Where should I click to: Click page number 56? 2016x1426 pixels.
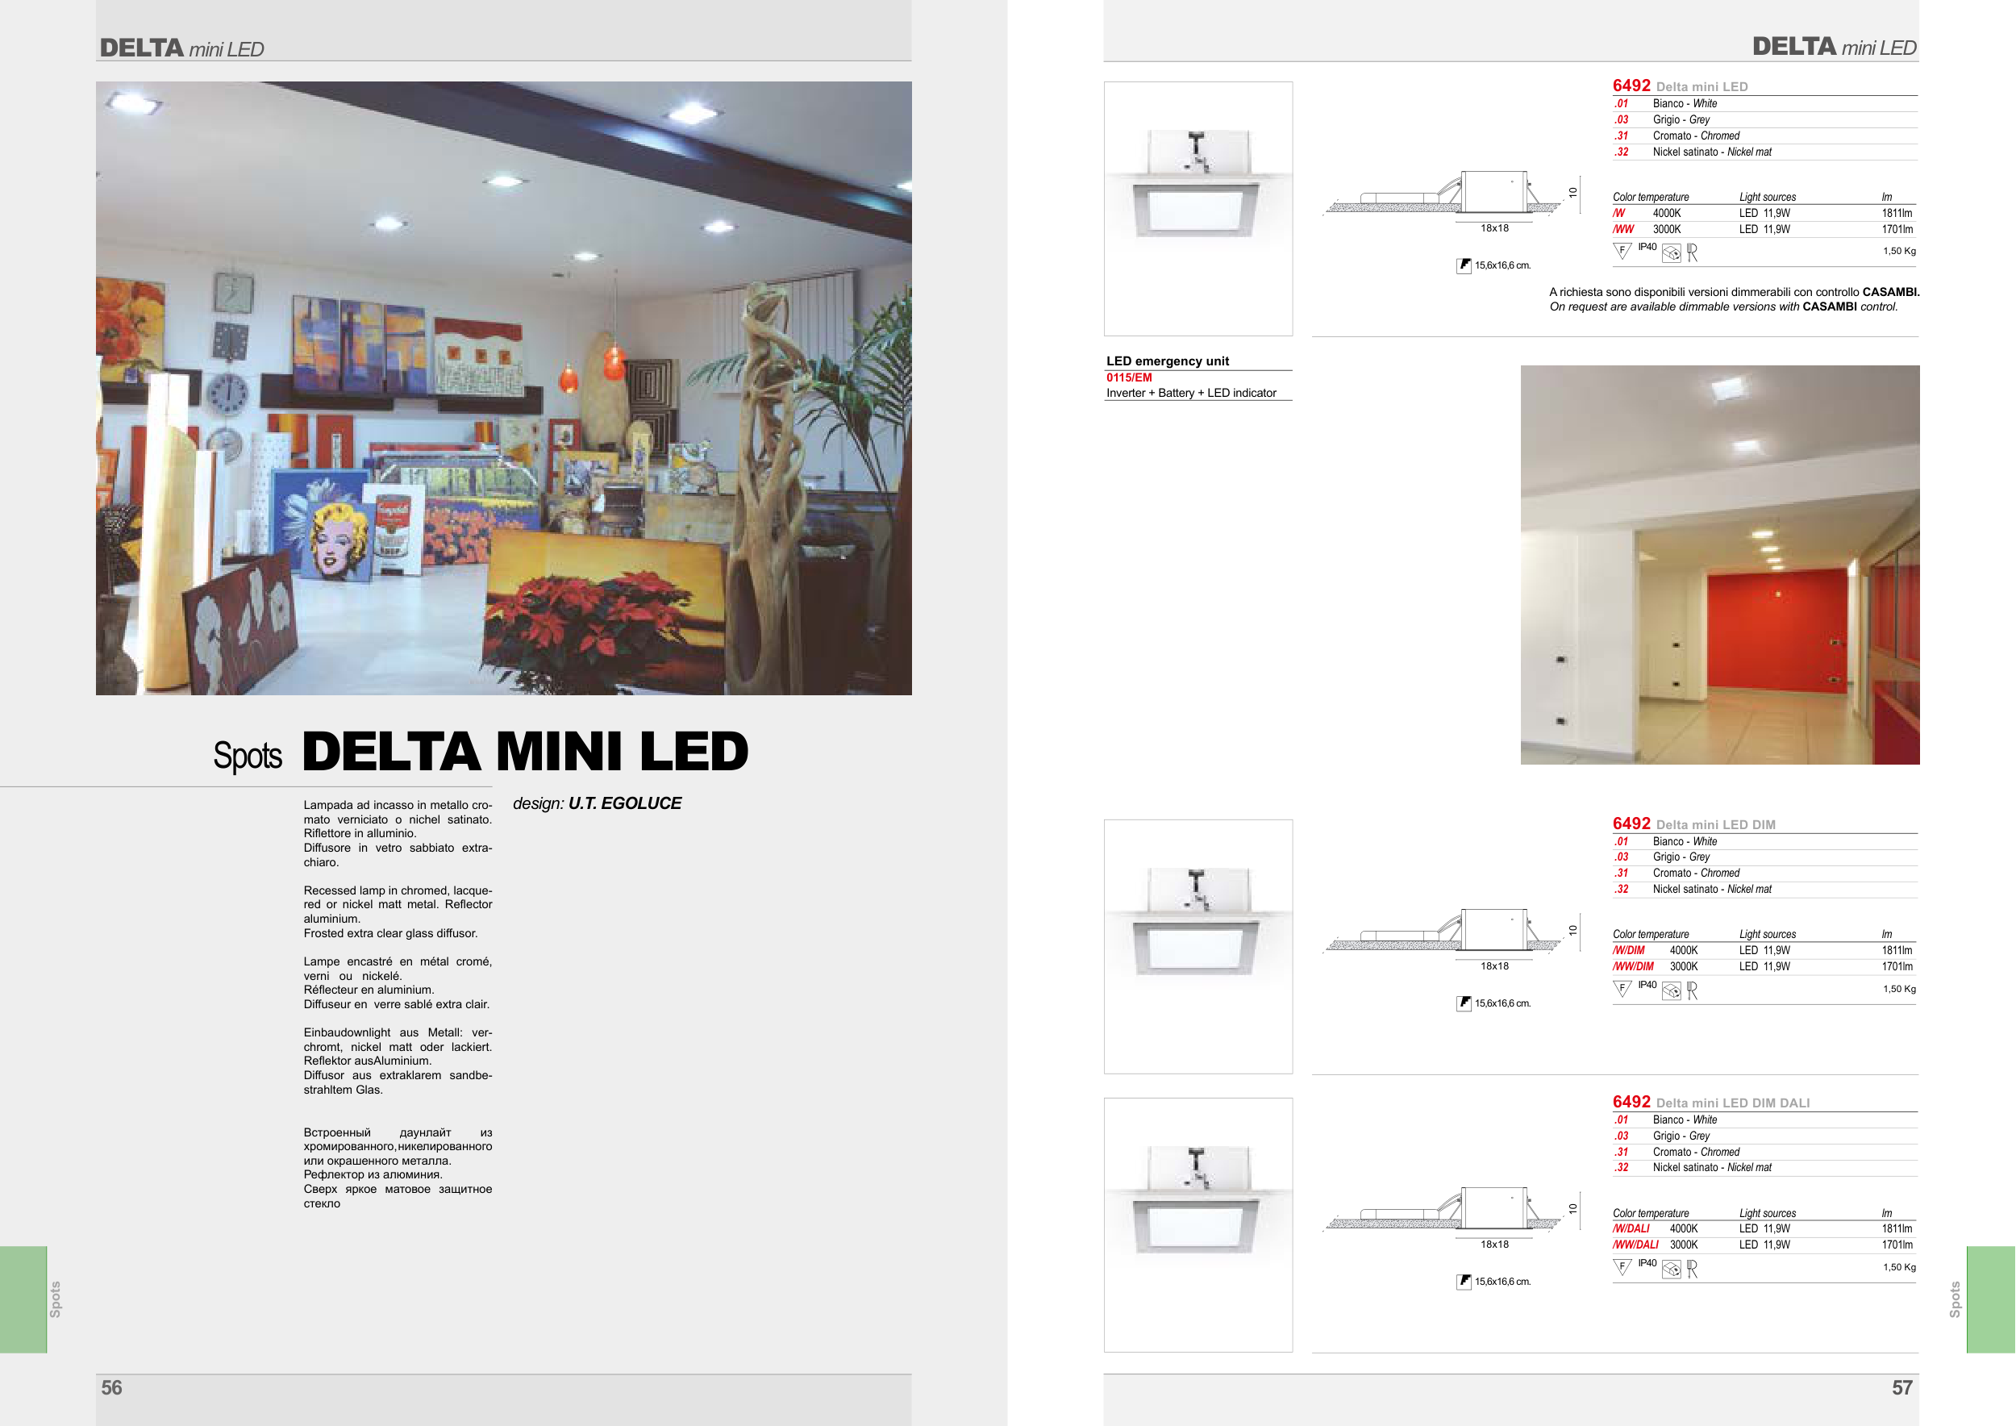pyautogui.click(x=111, y=1387)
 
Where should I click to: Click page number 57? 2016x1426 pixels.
pyautogui.click(x=1901, y=1387)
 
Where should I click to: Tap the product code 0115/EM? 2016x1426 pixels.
pyautogui.click(x=1128, y=377)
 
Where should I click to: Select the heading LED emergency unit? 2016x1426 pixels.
pyautogui.click(x=1167, y=361)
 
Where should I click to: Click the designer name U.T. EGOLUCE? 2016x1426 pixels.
pyautogui.click(x=624, y=803)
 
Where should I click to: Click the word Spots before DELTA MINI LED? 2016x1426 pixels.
pyautogui.click(x=248, y=756)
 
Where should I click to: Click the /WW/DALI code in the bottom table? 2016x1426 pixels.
pyautogui.click(x=1635, y=1245)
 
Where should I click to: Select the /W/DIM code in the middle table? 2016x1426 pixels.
pyautogui.click(x=1628, y=950)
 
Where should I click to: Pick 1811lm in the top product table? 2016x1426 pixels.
pyautogui.click(x=1897, y=214)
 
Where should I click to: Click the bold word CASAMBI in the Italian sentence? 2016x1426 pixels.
pyautogui.click(x=1890, y=293)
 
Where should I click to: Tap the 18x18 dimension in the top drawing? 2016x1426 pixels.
pyautogui.click(x=1494, y=228)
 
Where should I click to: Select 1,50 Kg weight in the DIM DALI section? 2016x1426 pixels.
pyautogui.click(x=1899, y=1267)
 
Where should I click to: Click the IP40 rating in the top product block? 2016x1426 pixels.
pyautogui.click(x=1647, y=248)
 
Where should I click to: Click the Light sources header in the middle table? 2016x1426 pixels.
pyautogui.click(x=1767, y=934)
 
